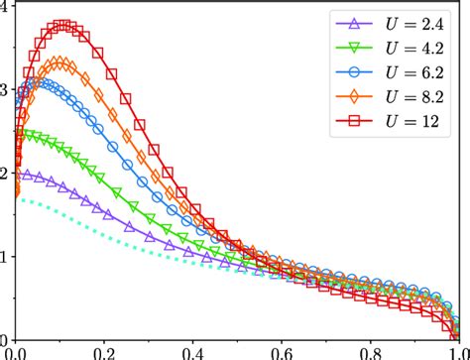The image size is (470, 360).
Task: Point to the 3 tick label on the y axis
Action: point(6,90)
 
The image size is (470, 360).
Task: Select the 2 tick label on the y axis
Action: point(6,174)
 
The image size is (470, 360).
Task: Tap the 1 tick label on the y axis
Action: point(6,257)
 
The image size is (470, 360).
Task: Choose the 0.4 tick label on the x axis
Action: point(188,352)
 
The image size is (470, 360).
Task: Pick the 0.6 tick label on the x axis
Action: point(274,352)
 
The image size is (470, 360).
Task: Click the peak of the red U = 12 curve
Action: point(65,25)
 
